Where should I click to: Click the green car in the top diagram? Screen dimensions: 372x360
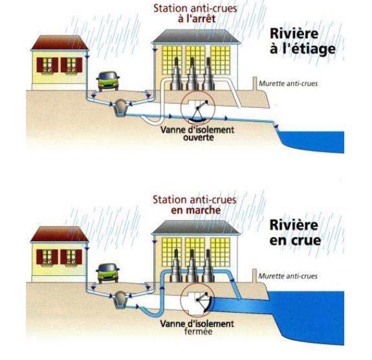(107, 81)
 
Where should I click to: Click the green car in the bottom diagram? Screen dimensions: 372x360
(107, 273)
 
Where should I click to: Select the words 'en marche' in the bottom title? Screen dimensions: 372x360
(196, 210)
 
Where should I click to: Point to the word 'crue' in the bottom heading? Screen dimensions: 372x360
(307, 240)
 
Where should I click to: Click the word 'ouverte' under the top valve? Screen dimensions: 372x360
(199, 138)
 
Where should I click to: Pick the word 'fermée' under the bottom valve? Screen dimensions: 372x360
(198, 331)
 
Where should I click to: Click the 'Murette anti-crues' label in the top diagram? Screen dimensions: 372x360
(288, 83)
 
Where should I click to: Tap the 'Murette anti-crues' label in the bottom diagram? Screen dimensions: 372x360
(288, 276)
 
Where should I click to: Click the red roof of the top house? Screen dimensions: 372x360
(60, 43)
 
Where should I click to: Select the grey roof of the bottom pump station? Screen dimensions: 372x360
(196, 228)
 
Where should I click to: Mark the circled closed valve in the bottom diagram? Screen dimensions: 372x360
(197, 300)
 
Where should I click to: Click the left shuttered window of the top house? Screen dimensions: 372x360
(47, 65)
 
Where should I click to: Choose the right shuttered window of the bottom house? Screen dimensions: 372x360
(71, 257)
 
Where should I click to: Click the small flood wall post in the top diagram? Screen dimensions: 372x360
(255, 83)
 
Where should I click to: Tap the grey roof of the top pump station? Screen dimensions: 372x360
(196, 36)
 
